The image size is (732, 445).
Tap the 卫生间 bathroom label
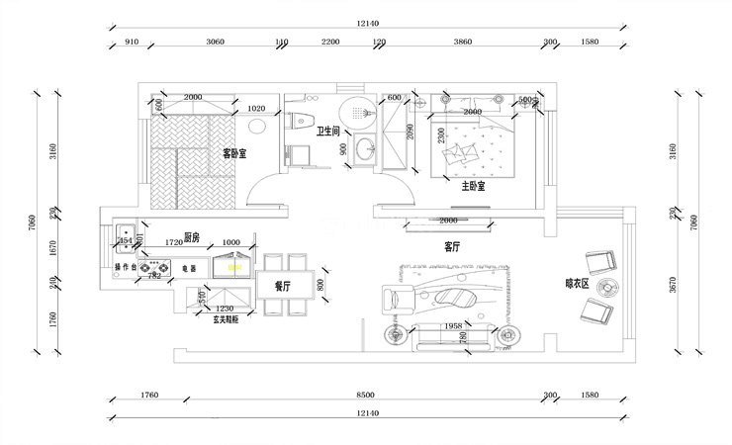(328, 131)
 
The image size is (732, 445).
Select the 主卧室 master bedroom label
(473, 185)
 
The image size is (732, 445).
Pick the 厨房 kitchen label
(193, 237)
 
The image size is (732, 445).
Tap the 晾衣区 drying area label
(577, 283)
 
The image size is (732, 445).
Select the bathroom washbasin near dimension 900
(365, 150)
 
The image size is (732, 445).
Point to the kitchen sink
(126, 240)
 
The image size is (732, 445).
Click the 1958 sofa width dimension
(453, 325)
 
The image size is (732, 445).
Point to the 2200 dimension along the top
(330, 43)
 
